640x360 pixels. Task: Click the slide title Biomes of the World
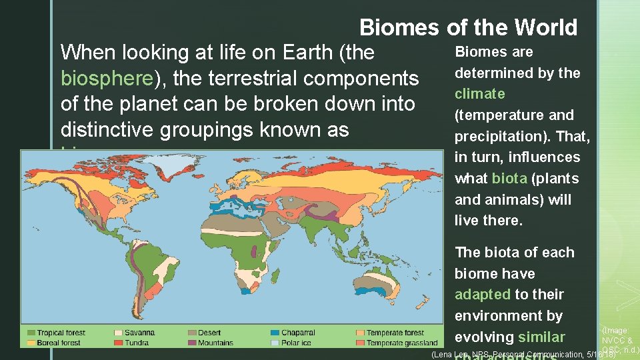tap(468, 27)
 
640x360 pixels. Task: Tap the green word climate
tap(479, 94)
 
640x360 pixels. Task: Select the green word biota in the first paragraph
tap(509, 179)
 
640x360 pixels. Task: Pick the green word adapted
tap(483, 295)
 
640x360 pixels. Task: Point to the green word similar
tap(541, 337)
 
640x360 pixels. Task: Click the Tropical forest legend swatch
tap(31, 333)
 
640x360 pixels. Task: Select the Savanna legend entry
tap(135, 333)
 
